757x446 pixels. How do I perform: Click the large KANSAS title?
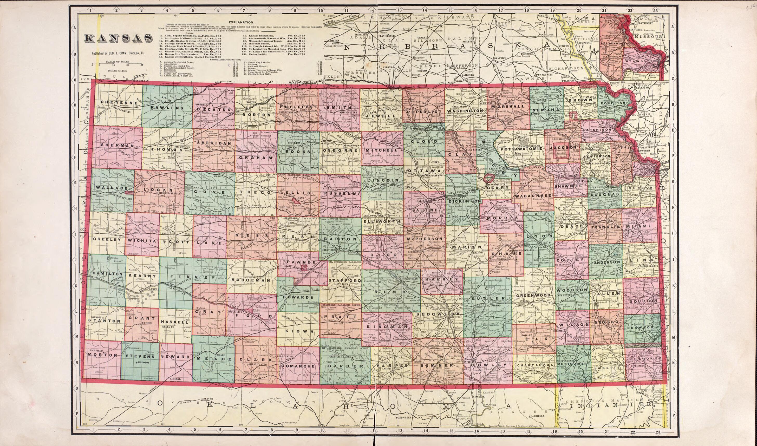tap(118, 38)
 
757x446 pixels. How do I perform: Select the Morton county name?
tap(102, 355)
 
